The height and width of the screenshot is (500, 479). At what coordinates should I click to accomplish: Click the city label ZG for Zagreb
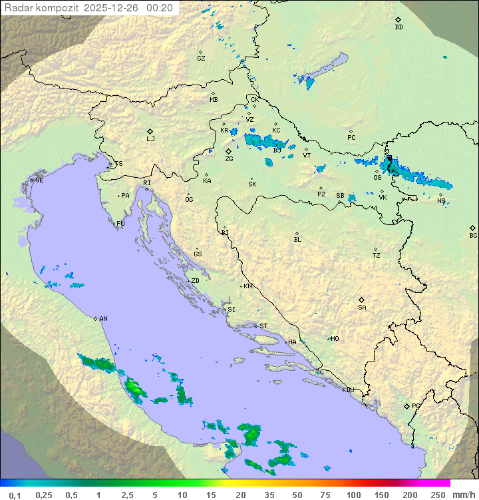(x=229, y=159)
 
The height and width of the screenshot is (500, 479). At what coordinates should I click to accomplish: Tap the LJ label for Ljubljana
(x=150, y=139)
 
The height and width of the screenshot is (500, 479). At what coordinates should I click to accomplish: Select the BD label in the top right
(x=399, y=27)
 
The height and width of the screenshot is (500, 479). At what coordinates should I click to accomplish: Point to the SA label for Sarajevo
(x=362, y=308)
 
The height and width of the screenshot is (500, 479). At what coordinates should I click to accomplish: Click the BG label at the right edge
(x=473, y=236)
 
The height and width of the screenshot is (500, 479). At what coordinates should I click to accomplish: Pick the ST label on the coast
(x=263, y=326)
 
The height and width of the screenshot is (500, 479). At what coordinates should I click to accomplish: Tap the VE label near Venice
(x=39, y=180)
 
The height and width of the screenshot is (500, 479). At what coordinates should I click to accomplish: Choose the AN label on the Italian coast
(x=103, y=319)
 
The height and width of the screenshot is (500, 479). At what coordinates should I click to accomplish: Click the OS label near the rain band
(x=377, y=178)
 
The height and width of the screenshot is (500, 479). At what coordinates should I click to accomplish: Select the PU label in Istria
(x=120, y=224)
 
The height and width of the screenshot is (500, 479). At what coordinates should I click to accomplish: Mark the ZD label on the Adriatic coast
(x=195, y=281)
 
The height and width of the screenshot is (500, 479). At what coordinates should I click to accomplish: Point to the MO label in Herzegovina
(x=335, y=338)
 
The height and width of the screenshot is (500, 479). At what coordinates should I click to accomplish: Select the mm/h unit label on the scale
(x=462, y=495)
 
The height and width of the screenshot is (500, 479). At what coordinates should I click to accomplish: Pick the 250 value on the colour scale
(x=438, y=495)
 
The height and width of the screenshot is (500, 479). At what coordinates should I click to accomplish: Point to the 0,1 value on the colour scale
(x=15, y=495)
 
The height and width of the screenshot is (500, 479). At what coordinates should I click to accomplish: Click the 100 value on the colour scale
(x=353, y=495)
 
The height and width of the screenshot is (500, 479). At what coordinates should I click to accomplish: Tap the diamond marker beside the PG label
(x=406, y=405)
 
